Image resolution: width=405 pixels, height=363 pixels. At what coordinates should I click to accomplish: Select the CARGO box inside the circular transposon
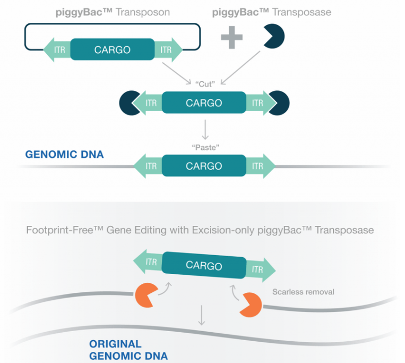coord(112,50)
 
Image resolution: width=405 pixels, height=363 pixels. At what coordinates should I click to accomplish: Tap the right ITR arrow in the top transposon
coord(168,50)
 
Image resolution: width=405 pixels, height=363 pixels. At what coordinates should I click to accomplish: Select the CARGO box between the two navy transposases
coord(204,103)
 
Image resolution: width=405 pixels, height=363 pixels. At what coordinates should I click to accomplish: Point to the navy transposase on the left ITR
coord(130,103)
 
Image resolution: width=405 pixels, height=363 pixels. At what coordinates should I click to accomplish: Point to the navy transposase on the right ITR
coord(279,103)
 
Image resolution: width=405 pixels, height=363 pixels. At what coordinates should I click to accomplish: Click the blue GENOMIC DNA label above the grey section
coord(65,155)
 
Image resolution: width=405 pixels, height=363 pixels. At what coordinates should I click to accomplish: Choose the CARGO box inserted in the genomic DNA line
coord(204,166)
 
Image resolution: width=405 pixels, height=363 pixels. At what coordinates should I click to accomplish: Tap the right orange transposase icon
coord(250,305)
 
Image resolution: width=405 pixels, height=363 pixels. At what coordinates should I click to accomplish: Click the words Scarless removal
coord(303,292)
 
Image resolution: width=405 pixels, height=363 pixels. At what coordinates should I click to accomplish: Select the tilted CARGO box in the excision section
coord(204,265)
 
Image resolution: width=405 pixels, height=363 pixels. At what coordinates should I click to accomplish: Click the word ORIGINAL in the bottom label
coord(115,344)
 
